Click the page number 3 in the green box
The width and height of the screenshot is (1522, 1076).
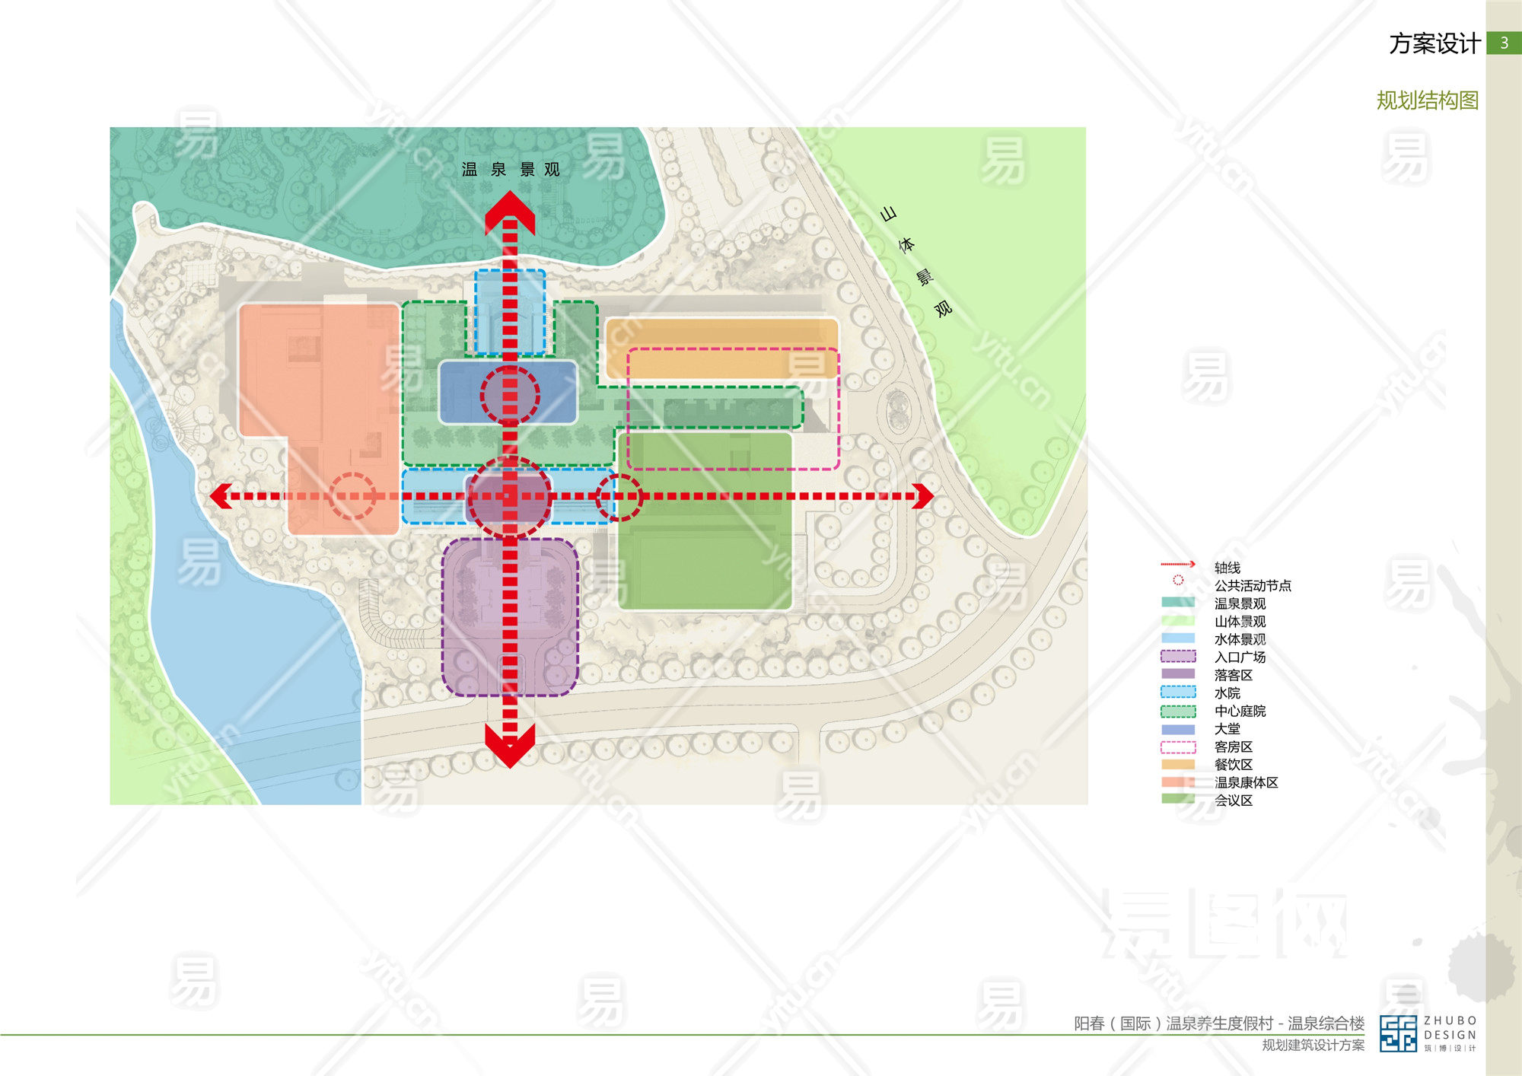click(x=1504, y=43)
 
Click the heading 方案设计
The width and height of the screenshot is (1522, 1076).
click(x=1434, y=44)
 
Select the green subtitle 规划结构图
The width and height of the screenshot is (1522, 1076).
click(x=1427, y=100)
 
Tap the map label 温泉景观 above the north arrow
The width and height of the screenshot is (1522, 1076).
click(x=511, y=170)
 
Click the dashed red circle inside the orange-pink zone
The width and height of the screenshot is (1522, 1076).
click(x=352, y=496)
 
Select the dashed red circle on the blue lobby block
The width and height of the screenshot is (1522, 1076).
click(x=510, y=395)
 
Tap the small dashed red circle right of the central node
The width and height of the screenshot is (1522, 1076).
click(x=619, y=497)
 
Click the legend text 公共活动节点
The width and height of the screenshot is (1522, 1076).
click(x=1253, y=586)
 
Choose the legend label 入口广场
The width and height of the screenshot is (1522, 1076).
click(x=1240, y=657)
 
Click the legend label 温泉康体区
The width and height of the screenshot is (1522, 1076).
click(x=1246, y=782)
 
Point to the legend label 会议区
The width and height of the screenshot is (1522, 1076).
click(x=1234, y=801)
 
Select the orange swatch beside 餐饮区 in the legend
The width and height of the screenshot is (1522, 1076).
click(x=1178, y=765)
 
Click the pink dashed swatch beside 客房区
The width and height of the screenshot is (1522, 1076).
click(x=1178, y=747)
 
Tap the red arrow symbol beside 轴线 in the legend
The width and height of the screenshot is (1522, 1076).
click(x=1178, y=565)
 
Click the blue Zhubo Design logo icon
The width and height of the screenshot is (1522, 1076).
click(x=1398, y=1033)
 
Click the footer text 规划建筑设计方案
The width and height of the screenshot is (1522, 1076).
click(x=1313, y=1046)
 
